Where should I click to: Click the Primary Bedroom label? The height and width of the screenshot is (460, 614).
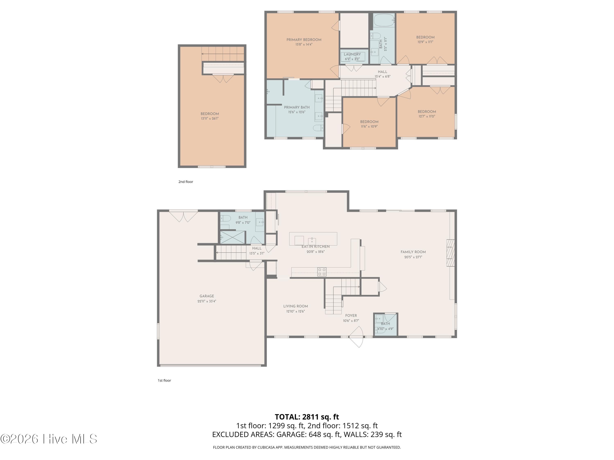pyautogui.click(x=304, y=40)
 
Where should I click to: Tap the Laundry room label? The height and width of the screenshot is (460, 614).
pyautogui.click(x=352, y=54)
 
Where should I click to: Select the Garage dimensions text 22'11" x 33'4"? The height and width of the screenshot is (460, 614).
pyautogui.click(x=207, y=301)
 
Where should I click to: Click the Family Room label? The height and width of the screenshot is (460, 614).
pyautogui.click(x=413, y=252)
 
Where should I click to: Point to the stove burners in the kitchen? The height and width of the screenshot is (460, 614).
pyautogui.click(x=322, y=272)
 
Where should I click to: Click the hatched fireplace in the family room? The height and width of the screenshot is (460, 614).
pyautogui.click(x=450, y=253)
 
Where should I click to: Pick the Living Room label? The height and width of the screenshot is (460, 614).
pyautogui.click(x=296, y=306)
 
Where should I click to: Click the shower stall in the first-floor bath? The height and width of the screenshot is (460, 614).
pyautogui.click(x=233, y=237)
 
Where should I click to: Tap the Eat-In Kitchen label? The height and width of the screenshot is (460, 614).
pyautogui.click(x=316, y=247)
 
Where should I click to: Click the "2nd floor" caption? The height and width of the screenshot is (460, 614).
pyautogui.click(x=186, y=182)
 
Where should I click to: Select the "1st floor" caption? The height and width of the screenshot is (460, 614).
pyautogui.click(x=164, y=380)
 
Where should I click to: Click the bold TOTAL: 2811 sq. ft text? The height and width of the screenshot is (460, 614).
pyautogui.click(x=307, y=417)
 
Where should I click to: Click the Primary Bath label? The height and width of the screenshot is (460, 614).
pyautogui.click(x=297, y=107)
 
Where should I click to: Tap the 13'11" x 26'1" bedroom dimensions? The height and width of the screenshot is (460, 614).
pyautogui.click(x=210, y=118)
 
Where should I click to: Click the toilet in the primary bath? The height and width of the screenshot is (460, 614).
pyautogui.click(x=318, y=128)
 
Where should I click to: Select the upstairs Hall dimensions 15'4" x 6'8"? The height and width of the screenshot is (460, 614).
pyautogui.click(x=383, y=76)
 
